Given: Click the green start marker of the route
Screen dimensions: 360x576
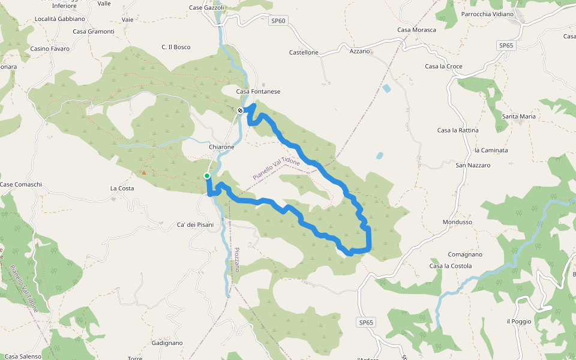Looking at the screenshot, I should click(206, 176).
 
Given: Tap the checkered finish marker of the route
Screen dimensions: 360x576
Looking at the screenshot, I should click(240, 110).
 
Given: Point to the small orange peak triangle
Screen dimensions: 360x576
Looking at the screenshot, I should click(143, 173).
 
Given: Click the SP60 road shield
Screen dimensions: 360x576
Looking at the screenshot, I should click(278, 21).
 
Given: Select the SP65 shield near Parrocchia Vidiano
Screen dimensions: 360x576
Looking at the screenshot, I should click(506, 46).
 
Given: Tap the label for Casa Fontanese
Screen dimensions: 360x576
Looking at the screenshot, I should click(258, 92).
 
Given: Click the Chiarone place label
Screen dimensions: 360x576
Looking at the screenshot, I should click(221, 147).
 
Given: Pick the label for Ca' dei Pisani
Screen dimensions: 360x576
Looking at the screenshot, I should click(195, 225).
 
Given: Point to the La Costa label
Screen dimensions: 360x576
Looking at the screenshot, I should click(122, 188).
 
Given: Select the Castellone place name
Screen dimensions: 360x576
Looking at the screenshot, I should click(304, 53).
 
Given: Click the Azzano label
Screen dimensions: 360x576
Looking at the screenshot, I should click(360, 52).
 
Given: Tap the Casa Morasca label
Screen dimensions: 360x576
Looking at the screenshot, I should click(416, 30).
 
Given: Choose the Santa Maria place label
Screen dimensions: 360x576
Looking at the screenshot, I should click(519, 116).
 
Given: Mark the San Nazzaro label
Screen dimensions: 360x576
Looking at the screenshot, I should click(473, 165).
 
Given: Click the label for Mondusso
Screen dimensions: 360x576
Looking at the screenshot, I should click(457, 222).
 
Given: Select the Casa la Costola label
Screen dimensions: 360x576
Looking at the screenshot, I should click(451, 266).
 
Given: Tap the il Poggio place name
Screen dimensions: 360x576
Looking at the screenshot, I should click(519, 322).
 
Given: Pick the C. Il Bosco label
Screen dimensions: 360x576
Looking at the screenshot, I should click(176, 47).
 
